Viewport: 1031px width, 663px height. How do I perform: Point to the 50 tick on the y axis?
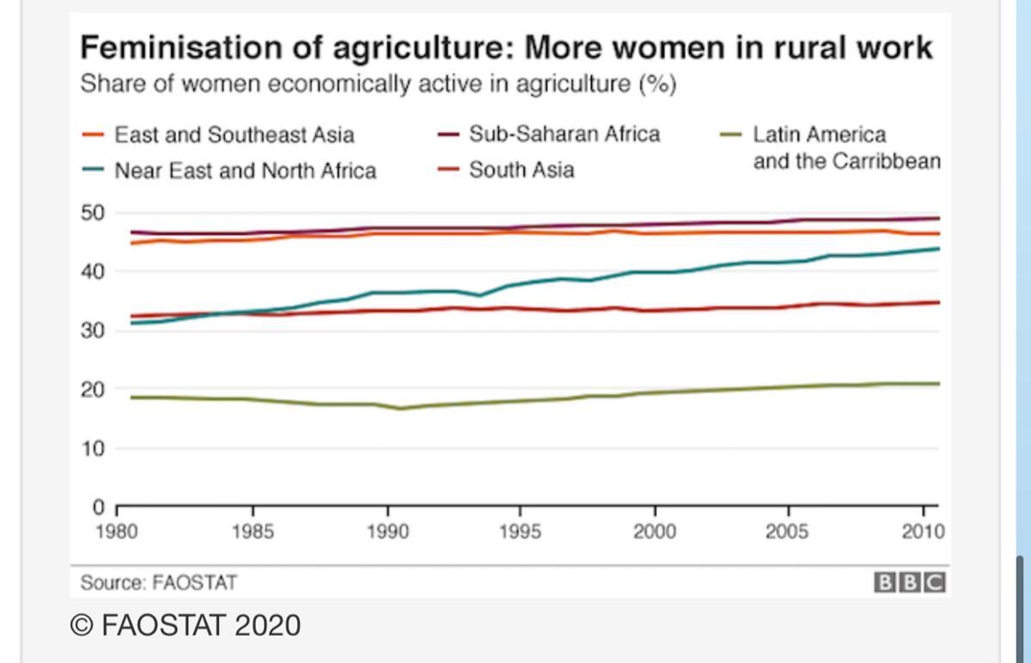92,213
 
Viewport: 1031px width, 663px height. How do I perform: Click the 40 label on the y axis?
92,272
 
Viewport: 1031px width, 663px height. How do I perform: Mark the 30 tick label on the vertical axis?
92,331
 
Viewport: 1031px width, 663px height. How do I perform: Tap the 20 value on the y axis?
92,390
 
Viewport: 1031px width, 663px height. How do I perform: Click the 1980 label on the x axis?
118,532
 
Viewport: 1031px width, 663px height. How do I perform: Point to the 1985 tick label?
253,532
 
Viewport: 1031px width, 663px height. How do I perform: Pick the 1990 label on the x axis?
387,532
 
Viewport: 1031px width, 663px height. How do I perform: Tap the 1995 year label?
521,532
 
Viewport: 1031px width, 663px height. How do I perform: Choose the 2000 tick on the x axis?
655,532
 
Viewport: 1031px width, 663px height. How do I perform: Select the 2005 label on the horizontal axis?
789,532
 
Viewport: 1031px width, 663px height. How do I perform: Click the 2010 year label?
923,532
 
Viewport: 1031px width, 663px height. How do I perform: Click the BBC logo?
910,582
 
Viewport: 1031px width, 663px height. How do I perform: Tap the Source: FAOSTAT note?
158,582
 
